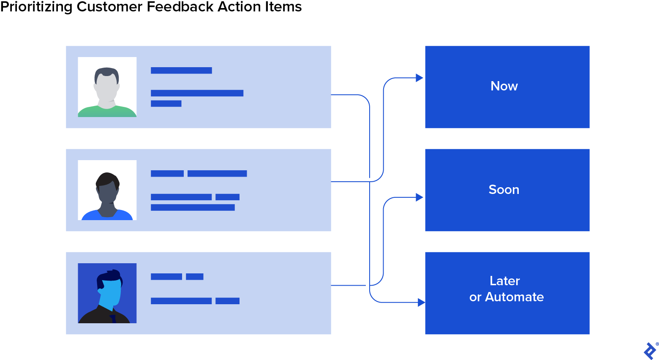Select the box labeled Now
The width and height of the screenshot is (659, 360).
[x=507, y=87]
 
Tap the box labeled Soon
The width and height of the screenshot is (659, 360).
[x=507, y=190]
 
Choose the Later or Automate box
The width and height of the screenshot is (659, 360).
[x=507, y=293]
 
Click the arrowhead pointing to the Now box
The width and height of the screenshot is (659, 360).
[x=419, y=78]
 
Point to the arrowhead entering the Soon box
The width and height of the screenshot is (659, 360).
[x=419, y=197]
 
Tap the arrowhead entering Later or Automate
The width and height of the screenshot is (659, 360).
[x=421, y=303]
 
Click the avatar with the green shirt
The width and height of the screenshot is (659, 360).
[x=107, y=87]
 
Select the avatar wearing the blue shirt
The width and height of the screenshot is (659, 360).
[x=107, y=190]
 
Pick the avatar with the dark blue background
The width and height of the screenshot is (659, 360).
[x=107, y=293]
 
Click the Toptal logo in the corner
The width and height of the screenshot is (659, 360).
[x=650, y=351]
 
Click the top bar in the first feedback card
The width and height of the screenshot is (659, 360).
[x=181, y=71]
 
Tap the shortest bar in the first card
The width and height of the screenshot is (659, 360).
[x=166, y=104]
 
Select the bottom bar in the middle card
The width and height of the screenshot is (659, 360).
[x=193, y=207]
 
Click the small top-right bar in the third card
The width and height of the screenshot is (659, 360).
[x=195, y=277]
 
